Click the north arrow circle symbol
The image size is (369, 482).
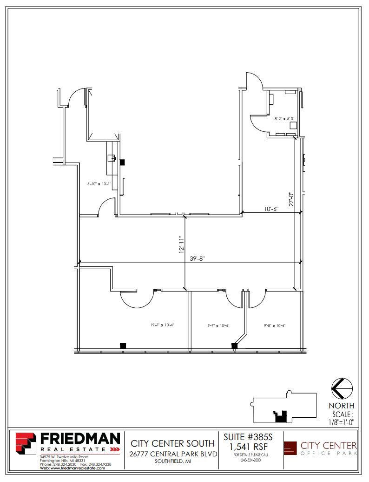342,388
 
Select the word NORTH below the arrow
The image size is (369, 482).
342,406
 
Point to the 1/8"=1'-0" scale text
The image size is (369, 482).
342,423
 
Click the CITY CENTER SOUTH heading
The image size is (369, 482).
172,443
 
